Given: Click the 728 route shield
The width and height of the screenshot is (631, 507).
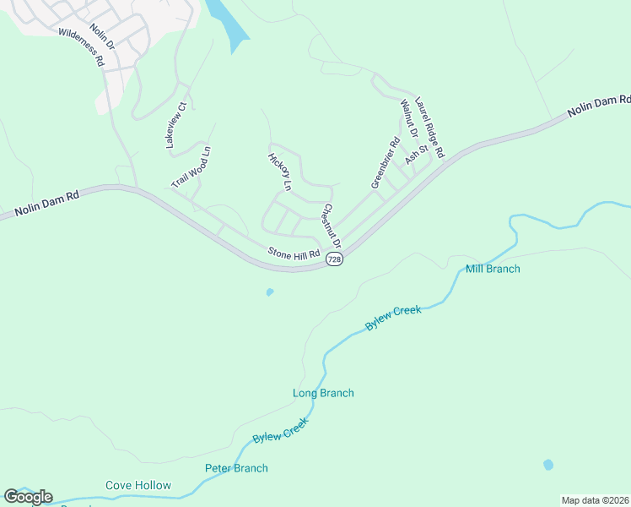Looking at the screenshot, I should pos(335,259).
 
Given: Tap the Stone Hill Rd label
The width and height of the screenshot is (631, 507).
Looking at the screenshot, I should pos(294,253).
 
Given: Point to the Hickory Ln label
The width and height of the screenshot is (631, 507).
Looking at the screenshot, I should pos(279,172).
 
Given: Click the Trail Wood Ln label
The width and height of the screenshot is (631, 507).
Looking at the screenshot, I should pos(191,167).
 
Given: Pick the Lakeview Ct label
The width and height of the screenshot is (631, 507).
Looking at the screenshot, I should pos(180,125).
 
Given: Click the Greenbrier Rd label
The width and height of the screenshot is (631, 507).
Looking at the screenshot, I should pos(385,163).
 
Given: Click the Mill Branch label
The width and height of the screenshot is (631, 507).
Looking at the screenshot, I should pos(493,269).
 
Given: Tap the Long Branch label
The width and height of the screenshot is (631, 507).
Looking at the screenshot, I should pos(323,393).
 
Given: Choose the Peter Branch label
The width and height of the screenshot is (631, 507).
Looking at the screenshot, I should pos(236,468).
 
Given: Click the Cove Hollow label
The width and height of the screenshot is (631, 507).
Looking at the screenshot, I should pos(138,485).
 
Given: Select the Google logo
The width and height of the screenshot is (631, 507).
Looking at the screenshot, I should pos(28,497).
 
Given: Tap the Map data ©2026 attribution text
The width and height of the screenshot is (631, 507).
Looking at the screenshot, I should pos(595,500).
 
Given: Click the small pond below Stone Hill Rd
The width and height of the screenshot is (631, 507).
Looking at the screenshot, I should pos(270,292).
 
